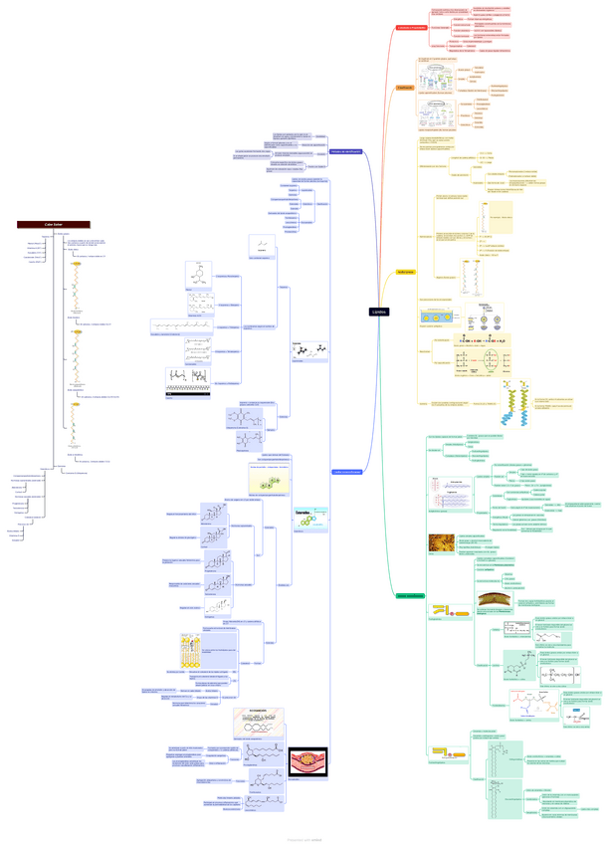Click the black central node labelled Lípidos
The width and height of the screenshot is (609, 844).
click(x=379, y=312)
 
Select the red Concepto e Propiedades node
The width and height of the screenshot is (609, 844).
click(x=411, y=28)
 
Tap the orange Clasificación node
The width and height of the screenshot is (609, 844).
click(x=404, y=88)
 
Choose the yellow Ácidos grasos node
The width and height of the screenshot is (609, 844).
click(x=405, y=271)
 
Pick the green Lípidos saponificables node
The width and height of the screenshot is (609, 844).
click(x=410, y=596)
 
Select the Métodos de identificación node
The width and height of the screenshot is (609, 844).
click(x=345, y=151)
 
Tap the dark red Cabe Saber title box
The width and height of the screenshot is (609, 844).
click(x=54, y=225)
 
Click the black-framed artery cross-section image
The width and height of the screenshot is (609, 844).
click(x=307, y=761)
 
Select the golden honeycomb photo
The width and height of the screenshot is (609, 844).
click(x=441, y=543)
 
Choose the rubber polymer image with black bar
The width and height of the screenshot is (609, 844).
click(x=187, y=382)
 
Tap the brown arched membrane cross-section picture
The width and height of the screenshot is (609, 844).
click(x=493, y=600)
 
